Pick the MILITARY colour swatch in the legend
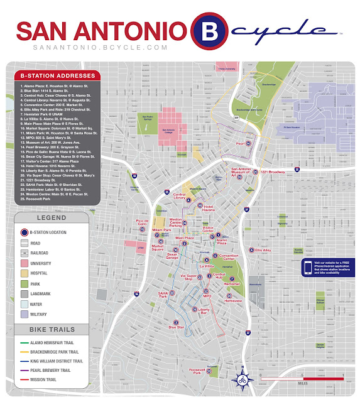point(24,314)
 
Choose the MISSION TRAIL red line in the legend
point(24,381)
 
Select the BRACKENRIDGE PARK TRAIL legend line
point(24,353)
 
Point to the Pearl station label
point(239,144)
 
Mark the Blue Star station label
point(176,327)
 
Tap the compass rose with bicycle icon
point(241,379)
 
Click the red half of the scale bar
point(323,379)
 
